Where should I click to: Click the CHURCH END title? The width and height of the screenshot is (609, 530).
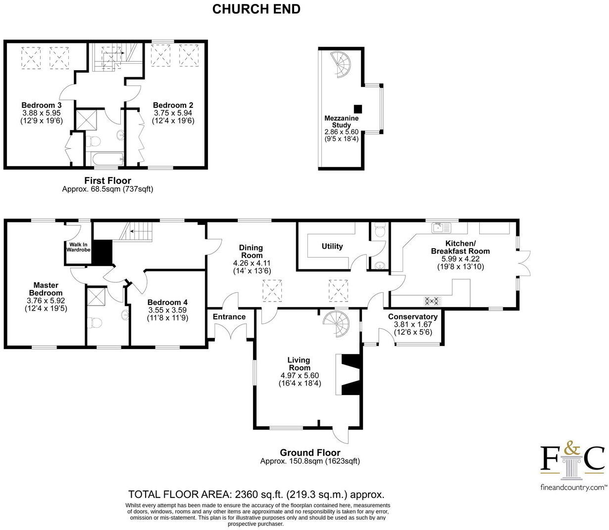point(256,9)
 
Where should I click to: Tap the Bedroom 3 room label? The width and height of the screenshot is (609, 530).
point(42,105)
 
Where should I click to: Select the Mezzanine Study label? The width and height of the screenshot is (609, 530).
point(342,122)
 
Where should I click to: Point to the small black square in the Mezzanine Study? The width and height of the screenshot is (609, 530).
point(358,109)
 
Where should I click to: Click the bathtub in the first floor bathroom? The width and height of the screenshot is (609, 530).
point(105,159)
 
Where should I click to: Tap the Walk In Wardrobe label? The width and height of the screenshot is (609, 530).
point(78,247)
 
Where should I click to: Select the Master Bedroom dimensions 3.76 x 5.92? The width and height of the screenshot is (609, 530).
point(46,301)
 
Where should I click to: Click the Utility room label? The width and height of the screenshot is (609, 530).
point(332,246)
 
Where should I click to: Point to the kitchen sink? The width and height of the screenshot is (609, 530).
point(442,228)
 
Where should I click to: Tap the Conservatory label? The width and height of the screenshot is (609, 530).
point(413,317)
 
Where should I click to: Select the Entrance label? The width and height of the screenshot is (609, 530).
point(229,317)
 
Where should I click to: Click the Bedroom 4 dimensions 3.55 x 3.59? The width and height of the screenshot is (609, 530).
point(167,310)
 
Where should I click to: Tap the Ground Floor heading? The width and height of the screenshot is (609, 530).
point(310,453)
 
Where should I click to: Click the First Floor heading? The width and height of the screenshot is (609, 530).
point(108,181)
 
